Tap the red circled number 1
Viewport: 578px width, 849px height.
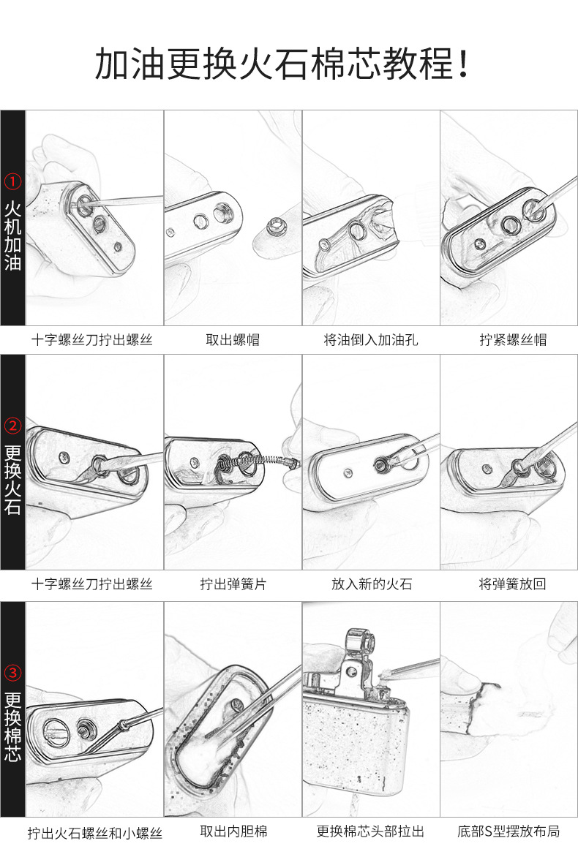13,181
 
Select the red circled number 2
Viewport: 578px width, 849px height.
13,426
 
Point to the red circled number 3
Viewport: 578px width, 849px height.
13,672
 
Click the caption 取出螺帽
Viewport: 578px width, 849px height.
232,339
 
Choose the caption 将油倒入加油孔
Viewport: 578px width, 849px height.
371,339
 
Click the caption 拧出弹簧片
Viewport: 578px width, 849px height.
233,584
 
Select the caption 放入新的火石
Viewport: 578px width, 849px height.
371,584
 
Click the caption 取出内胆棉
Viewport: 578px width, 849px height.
233,831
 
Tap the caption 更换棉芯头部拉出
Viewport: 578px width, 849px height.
370,831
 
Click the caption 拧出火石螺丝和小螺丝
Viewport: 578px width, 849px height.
94,833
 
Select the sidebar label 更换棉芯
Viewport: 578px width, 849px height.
13,727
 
